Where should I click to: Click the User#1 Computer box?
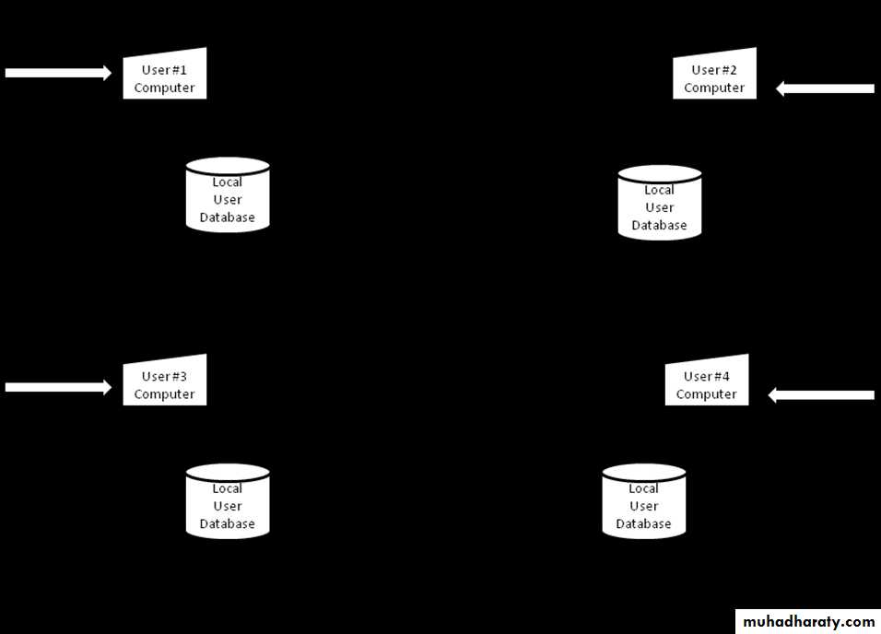pyautogui.click(x=164, y=76)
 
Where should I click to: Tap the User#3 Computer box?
pyautogui.click(x=164, y=383)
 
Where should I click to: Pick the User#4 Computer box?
pyautogui.click(x=707, y=383)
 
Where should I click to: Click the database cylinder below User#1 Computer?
pyautogui.click(x=228, y=195)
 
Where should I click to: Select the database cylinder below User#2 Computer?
pyautogui.click(x=659, y=204)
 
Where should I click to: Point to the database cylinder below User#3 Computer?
pyautogui.click(x=228, y=502)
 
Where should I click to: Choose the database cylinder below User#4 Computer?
pyautogui.click(x=643, y=502)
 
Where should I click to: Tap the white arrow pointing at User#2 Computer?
pyautogui.click(x=825, y=88)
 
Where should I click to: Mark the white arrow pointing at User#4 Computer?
pyautogui.click(x=821, y=395)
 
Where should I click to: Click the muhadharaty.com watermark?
pyautogui.click(x=808, y=622)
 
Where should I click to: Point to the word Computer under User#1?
pyautogui.click(x=164, y=88)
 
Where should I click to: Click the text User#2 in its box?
pyautogui.click(x=714, y=70)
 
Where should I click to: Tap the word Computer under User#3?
pyautogui.click(x=164, y=394)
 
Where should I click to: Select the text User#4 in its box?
pyautogui.click(x=707, y=376)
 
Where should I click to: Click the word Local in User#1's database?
pyautogui.click(x=228, y=182)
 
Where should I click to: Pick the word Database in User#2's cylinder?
pyautogui.click(x=659, y=225)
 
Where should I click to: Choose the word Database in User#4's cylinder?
pyautogui.click(x=643, y=524)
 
